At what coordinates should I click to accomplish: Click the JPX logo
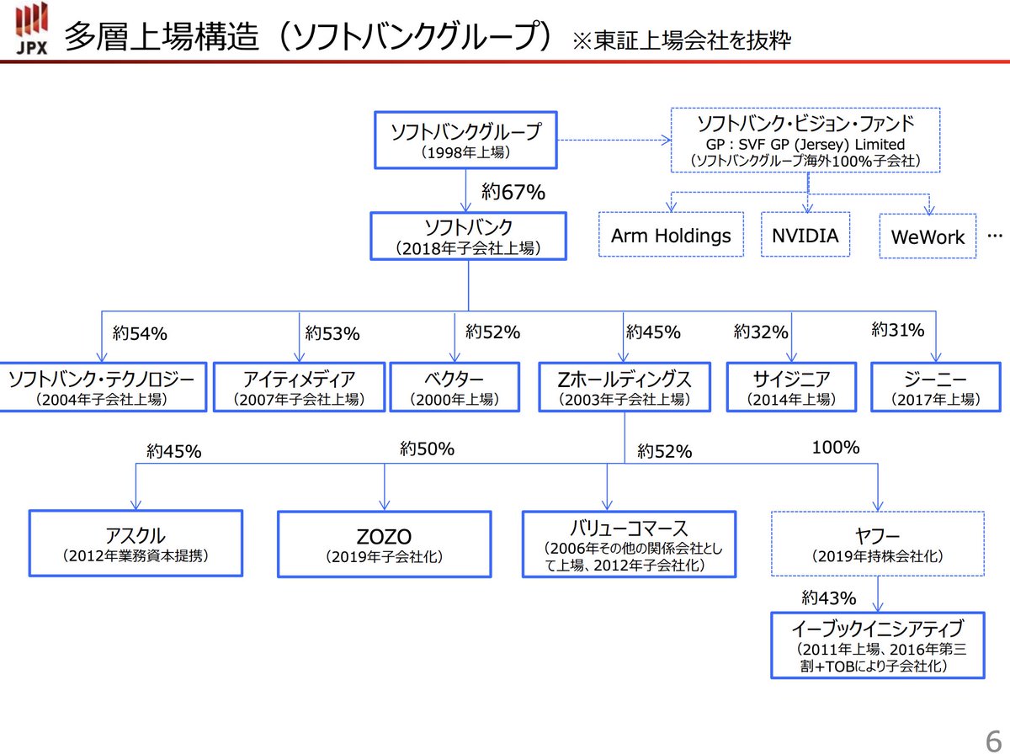pyautogui.click(x=32, y=30)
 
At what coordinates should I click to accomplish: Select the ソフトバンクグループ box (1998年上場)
pyautogui.click(x=465, y=140)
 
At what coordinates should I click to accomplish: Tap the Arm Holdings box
pyautogui.click(x=671, y=236)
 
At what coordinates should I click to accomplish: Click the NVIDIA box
pyautogui.click(x=805, y=236)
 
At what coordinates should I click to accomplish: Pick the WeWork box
pyautogui.click(x=928, y=236)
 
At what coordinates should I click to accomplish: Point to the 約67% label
pyautogui.click(x=513, y=193)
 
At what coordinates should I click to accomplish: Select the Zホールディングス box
pyautogui.click(x=625, y=387)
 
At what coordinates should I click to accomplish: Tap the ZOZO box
pyautogui.click(x=384, y=544)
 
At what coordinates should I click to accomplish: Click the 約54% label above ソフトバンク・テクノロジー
pyautogui.click(x=140, y=334)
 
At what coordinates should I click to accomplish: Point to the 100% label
pyautogui.click(x=835, y=448)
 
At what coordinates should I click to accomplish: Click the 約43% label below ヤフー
pyautogui.click(x=829, y=598)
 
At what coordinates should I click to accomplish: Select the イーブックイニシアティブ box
pyautogui.click(x=877, y=645)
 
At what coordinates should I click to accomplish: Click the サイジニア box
pyautogui.click(x=791, y=387)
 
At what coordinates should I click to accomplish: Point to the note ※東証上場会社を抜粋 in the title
pyautogui.click(x=681, y=40)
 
